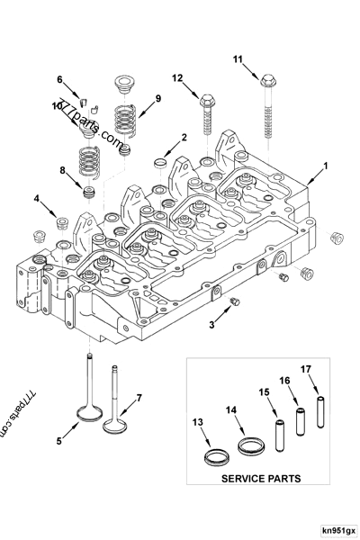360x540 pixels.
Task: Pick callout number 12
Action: point(177,77)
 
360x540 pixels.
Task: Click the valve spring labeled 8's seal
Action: point(89,192)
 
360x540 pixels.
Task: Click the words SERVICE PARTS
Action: point(260,479)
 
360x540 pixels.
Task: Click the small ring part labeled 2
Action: point(159,161)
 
